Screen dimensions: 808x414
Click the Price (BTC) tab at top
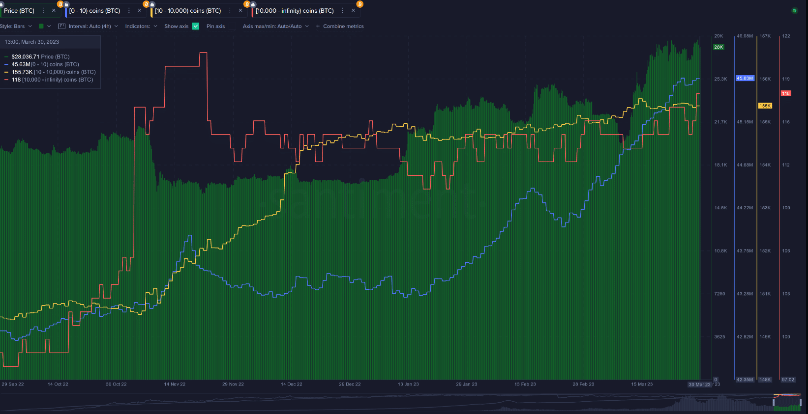19,11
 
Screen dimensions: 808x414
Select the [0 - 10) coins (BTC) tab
94,11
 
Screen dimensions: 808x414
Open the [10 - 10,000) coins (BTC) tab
187,11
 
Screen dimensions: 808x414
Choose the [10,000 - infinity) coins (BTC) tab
295,11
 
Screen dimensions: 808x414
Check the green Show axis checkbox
196,27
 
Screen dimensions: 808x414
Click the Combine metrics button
340,27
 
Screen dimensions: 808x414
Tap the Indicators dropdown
141,27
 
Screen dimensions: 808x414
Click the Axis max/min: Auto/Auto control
275,27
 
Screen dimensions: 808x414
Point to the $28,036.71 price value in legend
25,56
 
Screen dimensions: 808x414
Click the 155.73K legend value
22,72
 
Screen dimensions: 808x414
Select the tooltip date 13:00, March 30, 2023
32,42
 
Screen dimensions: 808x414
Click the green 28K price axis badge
718,47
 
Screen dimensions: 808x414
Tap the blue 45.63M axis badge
745,78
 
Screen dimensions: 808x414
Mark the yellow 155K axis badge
765,106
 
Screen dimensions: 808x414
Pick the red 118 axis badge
786,93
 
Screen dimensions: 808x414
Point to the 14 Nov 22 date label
175,384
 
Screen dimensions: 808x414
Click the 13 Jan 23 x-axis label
408,384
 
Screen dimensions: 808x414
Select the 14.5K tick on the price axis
720,208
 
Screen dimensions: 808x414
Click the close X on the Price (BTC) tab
54,10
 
